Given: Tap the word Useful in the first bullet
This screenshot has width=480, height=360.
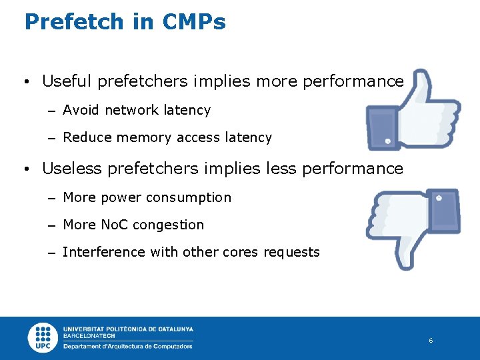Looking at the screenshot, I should tap(67, 81).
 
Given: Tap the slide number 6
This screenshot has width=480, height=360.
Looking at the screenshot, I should tap(431, 341).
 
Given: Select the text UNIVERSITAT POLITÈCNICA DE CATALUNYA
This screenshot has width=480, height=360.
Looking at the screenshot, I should tap(128, 329).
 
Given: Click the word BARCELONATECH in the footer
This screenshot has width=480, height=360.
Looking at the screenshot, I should tap(89, 336).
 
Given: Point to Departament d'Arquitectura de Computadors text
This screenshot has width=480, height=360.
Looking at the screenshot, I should tap(128, 346).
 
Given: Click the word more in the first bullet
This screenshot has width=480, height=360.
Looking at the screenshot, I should tap(276, 81).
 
